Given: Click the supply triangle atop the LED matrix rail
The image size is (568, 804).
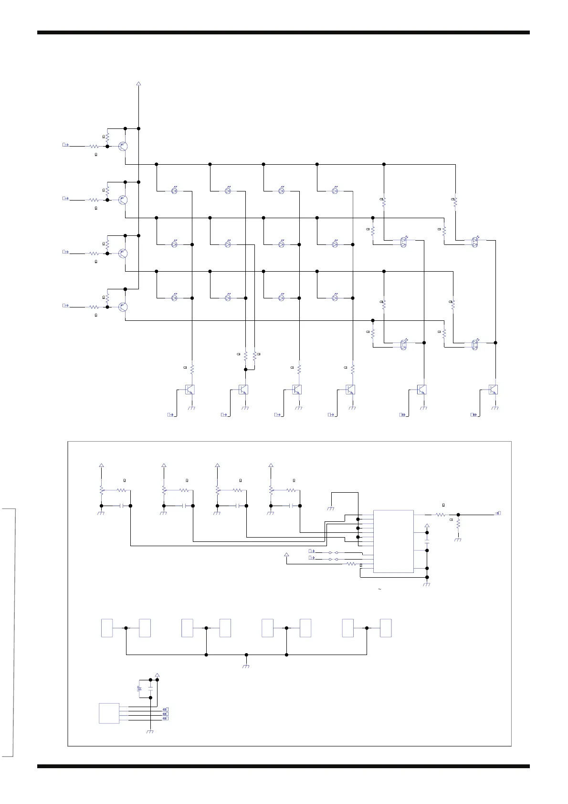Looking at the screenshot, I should [x=139, y=84].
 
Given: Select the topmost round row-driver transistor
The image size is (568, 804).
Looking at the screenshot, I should [x=123, y=147].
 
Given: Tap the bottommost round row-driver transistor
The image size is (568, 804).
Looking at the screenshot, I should [x=123, y=307].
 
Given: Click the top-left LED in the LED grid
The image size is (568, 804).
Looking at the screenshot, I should [x=175, y=191].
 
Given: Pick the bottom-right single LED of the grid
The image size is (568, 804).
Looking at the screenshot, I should [x=335, y=298].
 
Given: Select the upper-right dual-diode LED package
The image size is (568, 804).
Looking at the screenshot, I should [x=475, y=242].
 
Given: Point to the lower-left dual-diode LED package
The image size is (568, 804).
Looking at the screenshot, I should [x=404, y=344].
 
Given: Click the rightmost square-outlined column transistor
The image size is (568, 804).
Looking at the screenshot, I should [x=493, y=390].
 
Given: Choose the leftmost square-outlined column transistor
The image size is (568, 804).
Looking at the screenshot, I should [x=190, y=390].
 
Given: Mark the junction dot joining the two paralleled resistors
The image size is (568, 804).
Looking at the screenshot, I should [x=246, y=369].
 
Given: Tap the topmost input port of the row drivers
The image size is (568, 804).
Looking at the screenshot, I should [x=66, y=145].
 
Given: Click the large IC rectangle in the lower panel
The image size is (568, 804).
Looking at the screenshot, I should [x=393, y=541].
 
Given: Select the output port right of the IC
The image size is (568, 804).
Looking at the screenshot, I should [x=499, y=513].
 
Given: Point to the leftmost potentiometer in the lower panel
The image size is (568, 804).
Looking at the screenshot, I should [x=102, y=490].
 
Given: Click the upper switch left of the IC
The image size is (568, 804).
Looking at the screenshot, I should [x=333, y=552].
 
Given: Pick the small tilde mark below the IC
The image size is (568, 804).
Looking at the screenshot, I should [x=379, y=590].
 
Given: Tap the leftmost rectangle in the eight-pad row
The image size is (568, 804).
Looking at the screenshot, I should [x=107, y=628].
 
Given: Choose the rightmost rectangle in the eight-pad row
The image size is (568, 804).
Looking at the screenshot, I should [x=386, y=628].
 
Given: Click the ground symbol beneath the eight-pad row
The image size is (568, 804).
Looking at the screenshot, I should [x=246, y=666].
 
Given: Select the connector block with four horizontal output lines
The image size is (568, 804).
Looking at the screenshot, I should [x=109, y=713].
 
